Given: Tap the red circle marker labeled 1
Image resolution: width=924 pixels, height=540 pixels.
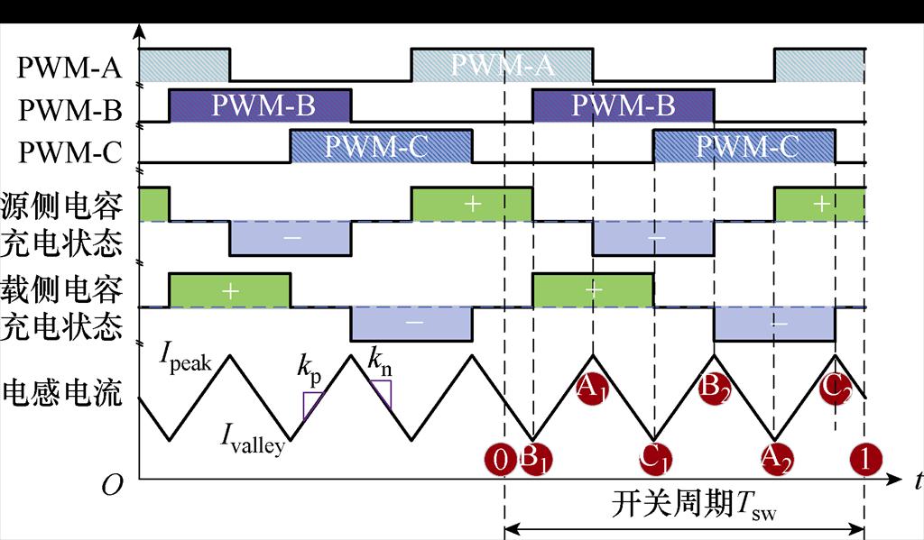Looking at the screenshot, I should tap(865, 460).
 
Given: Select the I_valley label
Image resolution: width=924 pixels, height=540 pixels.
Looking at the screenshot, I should tap(253, 441).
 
